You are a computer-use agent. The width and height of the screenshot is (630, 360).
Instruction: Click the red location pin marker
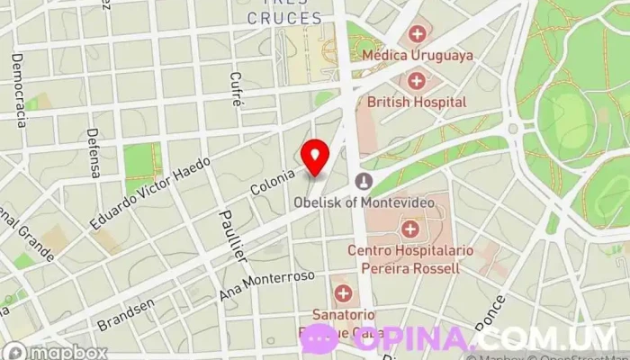(x=315, y=157)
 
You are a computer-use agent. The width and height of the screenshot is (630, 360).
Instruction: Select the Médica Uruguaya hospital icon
(x=417, y=35)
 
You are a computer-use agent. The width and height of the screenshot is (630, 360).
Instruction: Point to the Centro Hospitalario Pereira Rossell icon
(x=410, y=227)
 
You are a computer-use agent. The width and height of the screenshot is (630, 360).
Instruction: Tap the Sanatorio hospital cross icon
(x=343, y=293)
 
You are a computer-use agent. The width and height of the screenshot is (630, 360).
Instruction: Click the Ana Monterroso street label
(x=266, y=286)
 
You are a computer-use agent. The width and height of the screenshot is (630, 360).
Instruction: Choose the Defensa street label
(x=93, y=152)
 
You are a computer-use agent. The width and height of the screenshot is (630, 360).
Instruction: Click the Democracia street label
(x=18, y=90)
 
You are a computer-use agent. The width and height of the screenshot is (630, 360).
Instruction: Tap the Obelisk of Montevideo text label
(x=364, y=202)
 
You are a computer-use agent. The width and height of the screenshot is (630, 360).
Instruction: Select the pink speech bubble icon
(x=317, y=339)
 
